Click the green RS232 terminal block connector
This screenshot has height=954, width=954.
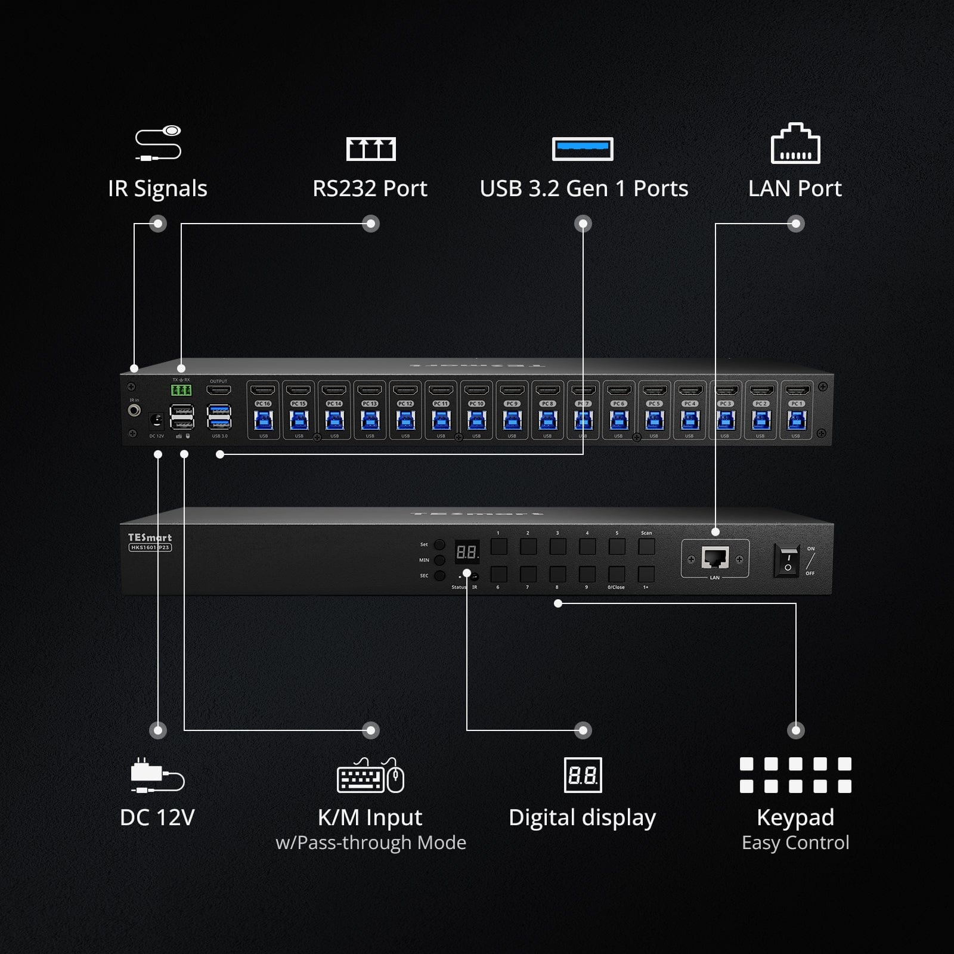point(181,391)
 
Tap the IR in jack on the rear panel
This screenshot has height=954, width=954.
point(135,411)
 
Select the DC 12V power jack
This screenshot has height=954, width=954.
point(156,421)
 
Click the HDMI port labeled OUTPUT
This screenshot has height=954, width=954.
point(218,391)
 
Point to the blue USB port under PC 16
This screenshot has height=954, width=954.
point(263,421)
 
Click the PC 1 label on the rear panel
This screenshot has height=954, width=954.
point(797,404)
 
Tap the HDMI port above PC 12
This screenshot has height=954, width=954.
point(405,391)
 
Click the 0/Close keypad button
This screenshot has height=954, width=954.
point(617,574)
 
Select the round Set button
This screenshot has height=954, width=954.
point(439,544)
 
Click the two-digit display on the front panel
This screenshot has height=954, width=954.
point(467,552)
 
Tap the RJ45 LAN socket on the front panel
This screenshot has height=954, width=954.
point(715,558)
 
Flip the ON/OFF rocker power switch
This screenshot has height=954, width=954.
point(787,560)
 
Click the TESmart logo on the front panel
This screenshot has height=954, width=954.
point(150,537)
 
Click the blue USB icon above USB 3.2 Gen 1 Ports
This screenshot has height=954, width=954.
point(583,148)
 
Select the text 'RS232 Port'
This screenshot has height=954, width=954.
point(370,188)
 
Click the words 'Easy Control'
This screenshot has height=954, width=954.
point(795,843)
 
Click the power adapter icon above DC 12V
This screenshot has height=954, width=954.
point(157,776)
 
